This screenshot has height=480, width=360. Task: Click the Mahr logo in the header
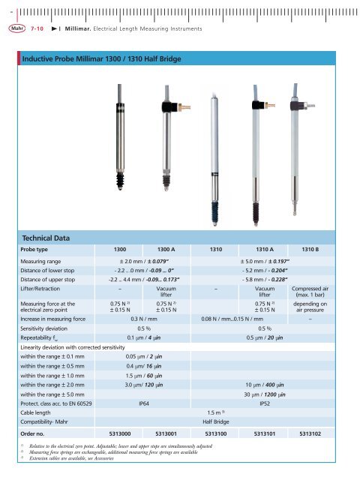coord(16,28)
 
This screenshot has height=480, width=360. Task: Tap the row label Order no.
coord(35,433)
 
